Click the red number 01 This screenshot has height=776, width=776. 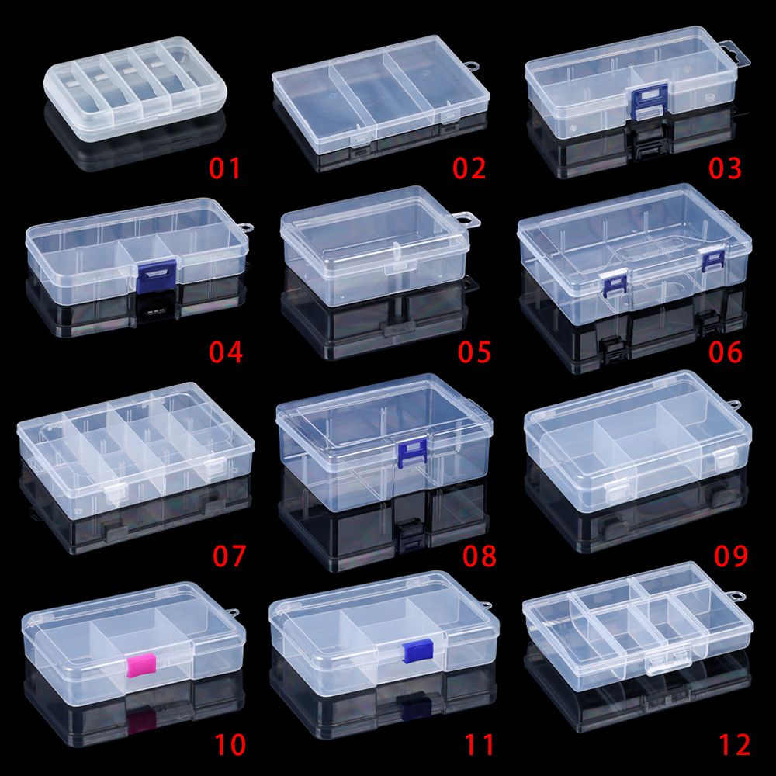[x=225, y=168]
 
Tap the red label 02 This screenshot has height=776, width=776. [x=469, y=168]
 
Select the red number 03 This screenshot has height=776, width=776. [x=725, y=168]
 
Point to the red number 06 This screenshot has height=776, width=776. [x=725, y=352]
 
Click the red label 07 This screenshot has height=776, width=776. [x=229, y=556]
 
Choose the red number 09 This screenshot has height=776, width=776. [x=730, y=556]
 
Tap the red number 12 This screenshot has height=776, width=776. [x=734, y=745]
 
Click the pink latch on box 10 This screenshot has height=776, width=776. [x=141, y=664]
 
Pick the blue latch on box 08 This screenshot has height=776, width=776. [x=412, y=452]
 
